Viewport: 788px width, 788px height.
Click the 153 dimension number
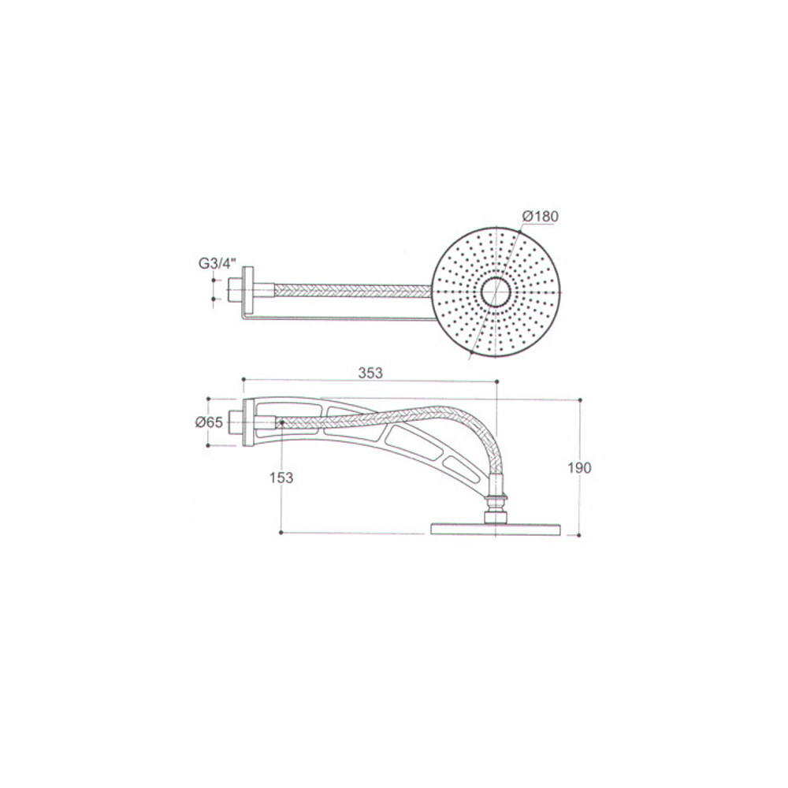(281, 478)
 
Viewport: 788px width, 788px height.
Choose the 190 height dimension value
(579, 467)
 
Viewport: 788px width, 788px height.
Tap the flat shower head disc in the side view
(496, 528)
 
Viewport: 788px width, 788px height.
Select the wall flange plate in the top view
(249, 292)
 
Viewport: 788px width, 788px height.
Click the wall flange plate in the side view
(249, 423)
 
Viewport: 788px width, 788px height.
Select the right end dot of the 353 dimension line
(497, 381)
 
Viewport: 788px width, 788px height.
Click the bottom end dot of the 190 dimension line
(579, 535)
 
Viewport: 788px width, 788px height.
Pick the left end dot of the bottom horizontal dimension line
(281, 533)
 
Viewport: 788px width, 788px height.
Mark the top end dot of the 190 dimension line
(579, 400)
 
